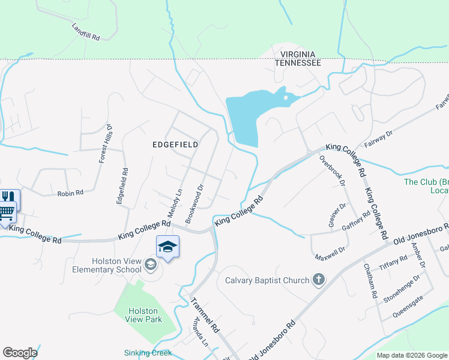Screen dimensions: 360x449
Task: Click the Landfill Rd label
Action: coord(85,32)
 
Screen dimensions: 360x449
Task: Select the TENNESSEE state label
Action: coord(297,62)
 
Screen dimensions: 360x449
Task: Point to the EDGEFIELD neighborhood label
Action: coord(175,145)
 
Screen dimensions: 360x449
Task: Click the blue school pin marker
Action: coord(168,247)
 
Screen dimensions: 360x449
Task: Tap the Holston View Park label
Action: coord(143,315)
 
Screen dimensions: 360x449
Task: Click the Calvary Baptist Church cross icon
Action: coord(318,280)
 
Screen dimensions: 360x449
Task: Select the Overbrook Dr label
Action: coord(331,170)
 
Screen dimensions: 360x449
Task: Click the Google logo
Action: coord(20,353)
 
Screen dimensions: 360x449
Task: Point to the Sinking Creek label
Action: coord(148,353)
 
